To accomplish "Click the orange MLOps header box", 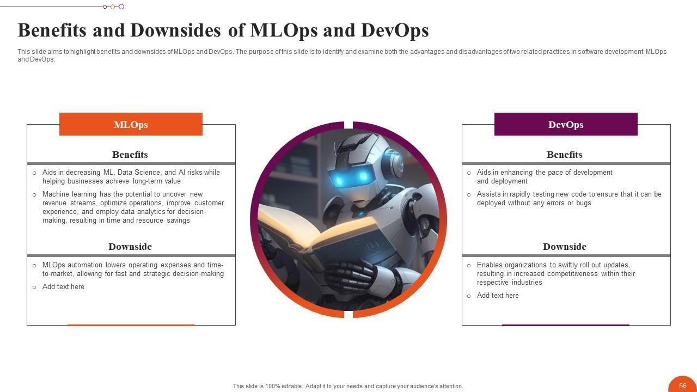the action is pyautogui.click(x=131, y=124).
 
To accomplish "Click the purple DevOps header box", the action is pyautogui.click(x=566, y=124).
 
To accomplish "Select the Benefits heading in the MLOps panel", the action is pyautogui.click(x=130, y=155).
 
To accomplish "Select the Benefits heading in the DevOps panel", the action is pyautogui.click(x=565, y=155).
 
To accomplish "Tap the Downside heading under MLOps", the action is pyautogui.click(x=130, y=247).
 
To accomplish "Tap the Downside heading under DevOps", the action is pyautogui.click(x=565, y=247).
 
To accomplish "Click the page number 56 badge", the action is pyautogui.click(x=683, y=385).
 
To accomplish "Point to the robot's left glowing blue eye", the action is pyautogui.click(x=339, y=180).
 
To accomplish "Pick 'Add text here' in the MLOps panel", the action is pyautogui.click(x=63, y=287).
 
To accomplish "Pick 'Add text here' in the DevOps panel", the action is pyautogui.click(x=498, y=296).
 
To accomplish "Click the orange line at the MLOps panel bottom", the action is pyautogui.click(x=131, y=325).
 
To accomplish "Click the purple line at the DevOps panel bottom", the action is pyautogui.click(x=565, y=325).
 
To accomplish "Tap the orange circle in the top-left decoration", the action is pyautogui.click(x=113, y=7).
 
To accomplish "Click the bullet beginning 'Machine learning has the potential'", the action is pyautogui.click(x=133, y=207).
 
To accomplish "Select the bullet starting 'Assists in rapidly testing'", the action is pyautogui.click(x=569, y=199).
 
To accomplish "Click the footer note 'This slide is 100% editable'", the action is pyautogui.click(x=348, y=386).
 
